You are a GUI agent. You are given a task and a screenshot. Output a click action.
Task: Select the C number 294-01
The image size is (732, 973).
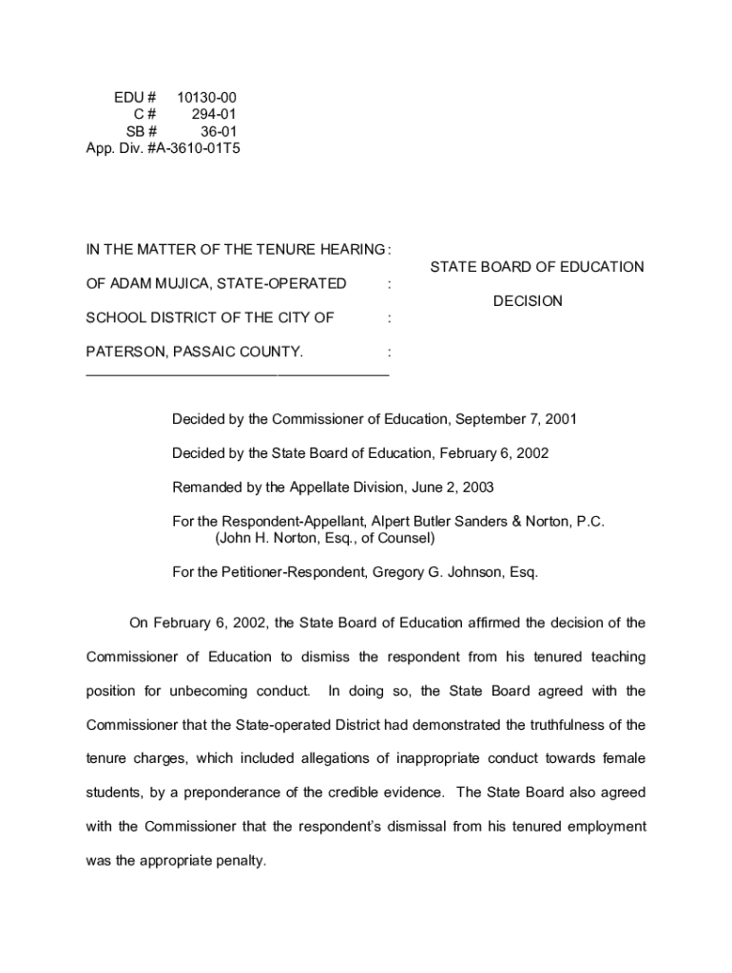coord(215,115)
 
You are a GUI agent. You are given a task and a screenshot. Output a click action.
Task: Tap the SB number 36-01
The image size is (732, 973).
coord(219,132)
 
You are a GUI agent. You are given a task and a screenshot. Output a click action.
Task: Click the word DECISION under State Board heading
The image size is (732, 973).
coord(528,301)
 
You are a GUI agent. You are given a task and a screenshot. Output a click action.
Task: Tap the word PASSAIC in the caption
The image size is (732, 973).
coord(204,352)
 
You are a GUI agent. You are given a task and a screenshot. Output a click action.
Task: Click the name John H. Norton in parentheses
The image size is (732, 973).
coord(274,538)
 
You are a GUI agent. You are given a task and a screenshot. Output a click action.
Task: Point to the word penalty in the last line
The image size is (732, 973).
coord(238,861)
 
